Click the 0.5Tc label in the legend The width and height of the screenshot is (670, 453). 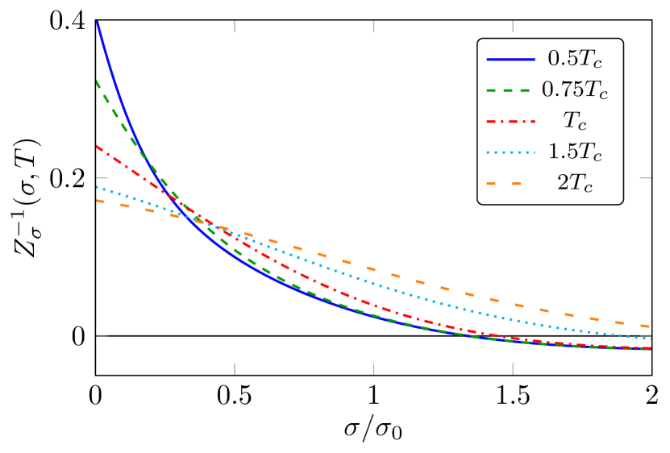574,59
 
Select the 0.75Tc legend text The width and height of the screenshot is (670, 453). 574,89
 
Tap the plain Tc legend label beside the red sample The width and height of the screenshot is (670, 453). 574,121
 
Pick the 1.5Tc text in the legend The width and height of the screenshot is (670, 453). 574,152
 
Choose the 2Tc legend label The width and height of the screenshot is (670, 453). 574,183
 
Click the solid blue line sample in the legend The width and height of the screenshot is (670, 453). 510,59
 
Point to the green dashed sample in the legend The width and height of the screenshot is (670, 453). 510,89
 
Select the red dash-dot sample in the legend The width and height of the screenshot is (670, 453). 510,121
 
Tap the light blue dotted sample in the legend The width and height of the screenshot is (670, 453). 510,152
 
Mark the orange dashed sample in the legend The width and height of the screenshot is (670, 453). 505,183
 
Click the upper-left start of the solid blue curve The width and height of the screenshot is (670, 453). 97,23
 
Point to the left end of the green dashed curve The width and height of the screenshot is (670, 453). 97,81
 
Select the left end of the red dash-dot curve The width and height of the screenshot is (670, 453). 97,147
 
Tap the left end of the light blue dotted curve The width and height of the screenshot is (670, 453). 97,187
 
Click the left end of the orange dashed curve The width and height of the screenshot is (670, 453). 97,201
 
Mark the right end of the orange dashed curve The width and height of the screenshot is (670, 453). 650,326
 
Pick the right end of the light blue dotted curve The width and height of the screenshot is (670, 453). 650,339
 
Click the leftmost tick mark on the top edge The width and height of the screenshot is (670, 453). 235,27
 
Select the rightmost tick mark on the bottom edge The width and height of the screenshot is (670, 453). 513,368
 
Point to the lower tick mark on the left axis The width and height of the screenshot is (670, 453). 102,335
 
